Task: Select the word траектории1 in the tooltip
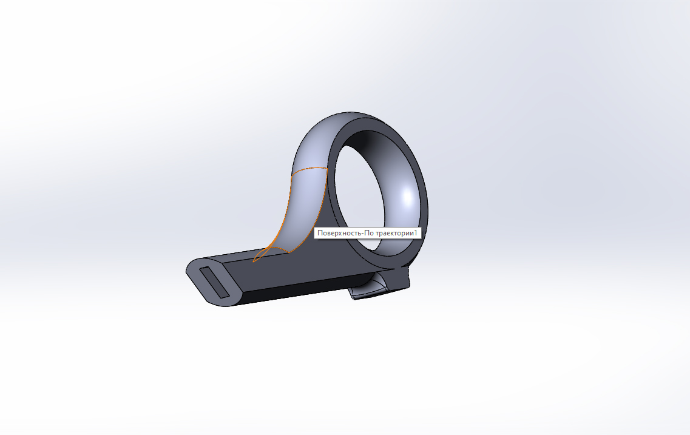tap(396, 233)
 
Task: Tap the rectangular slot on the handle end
tap(214, 282)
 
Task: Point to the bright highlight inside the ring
tap(407, 198)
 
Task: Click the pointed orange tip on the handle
tap(254, 261)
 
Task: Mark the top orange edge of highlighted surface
tap(309, 169)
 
